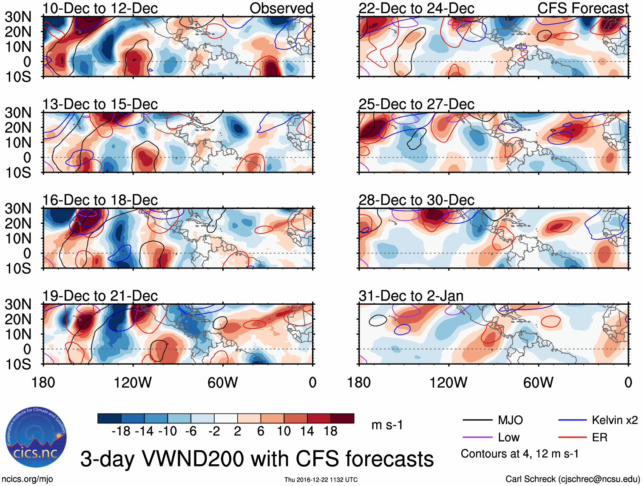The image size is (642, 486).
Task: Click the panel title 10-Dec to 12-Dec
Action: coord(100,9)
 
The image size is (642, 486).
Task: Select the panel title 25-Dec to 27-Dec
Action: coord(416,104)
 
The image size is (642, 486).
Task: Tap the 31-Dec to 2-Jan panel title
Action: coord(411,296)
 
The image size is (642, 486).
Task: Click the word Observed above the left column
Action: coord(281,9)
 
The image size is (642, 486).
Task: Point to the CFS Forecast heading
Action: coord(582,9)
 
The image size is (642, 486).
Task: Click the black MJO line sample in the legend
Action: coord(477,420)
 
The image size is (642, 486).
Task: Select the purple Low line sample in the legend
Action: coord(477,437)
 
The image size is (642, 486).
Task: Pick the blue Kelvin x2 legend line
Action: coord(572,420)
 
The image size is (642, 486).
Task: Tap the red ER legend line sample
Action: coord(572,437)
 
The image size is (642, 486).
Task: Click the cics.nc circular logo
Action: coord(36,437)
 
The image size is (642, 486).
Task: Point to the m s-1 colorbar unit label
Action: coord(387,425)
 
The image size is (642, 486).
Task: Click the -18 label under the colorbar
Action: coord(121,432)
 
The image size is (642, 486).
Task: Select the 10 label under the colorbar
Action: coord(284,432)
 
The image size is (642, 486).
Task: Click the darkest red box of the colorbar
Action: coord(342,418)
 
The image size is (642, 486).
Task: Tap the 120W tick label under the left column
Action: coord(133,383)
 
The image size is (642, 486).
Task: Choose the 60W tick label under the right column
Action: coord(538,383)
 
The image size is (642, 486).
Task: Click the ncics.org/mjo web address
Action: coord(27,479)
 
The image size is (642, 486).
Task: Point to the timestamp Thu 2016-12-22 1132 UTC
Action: coord(321,480)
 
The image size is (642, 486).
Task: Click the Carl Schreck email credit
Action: coord(572,479)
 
